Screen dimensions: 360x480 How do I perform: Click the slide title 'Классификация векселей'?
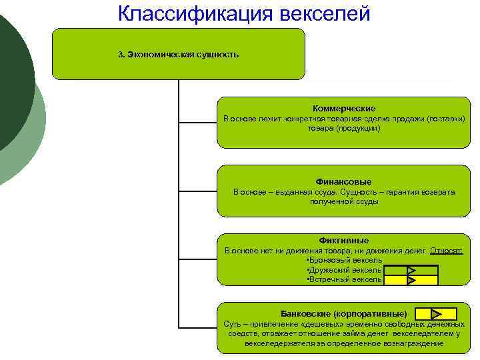coord(244,13)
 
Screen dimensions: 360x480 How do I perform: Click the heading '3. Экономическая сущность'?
coord(178,55)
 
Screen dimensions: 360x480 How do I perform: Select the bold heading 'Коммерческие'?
coord(344,108)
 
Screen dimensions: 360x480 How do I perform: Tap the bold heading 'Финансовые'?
coord(344,181)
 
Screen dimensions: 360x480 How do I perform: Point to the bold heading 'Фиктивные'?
coord(344,240)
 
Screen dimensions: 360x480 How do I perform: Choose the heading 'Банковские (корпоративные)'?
coord(344,313)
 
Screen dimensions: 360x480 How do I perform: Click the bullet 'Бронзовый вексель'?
coord(344,259)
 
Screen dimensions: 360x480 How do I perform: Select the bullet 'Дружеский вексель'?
coord(344,270)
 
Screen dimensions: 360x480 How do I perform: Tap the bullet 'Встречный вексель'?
coord(344,280)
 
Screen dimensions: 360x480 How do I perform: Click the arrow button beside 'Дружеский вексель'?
coord(411,271)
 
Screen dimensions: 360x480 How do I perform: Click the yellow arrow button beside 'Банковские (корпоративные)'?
coord(435,313)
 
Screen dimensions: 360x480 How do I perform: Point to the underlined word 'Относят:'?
coord(447,251)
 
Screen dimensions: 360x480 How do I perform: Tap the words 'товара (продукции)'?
coord(344,127)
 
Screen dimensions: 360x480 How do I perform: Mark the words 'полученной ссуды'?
coord(344,201)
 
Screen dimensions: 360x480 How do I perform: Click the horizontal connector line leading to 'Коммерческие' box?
coord(198,123)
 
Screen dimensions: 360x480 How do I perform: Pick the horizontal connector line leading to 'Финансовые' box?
coord(198,191)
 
